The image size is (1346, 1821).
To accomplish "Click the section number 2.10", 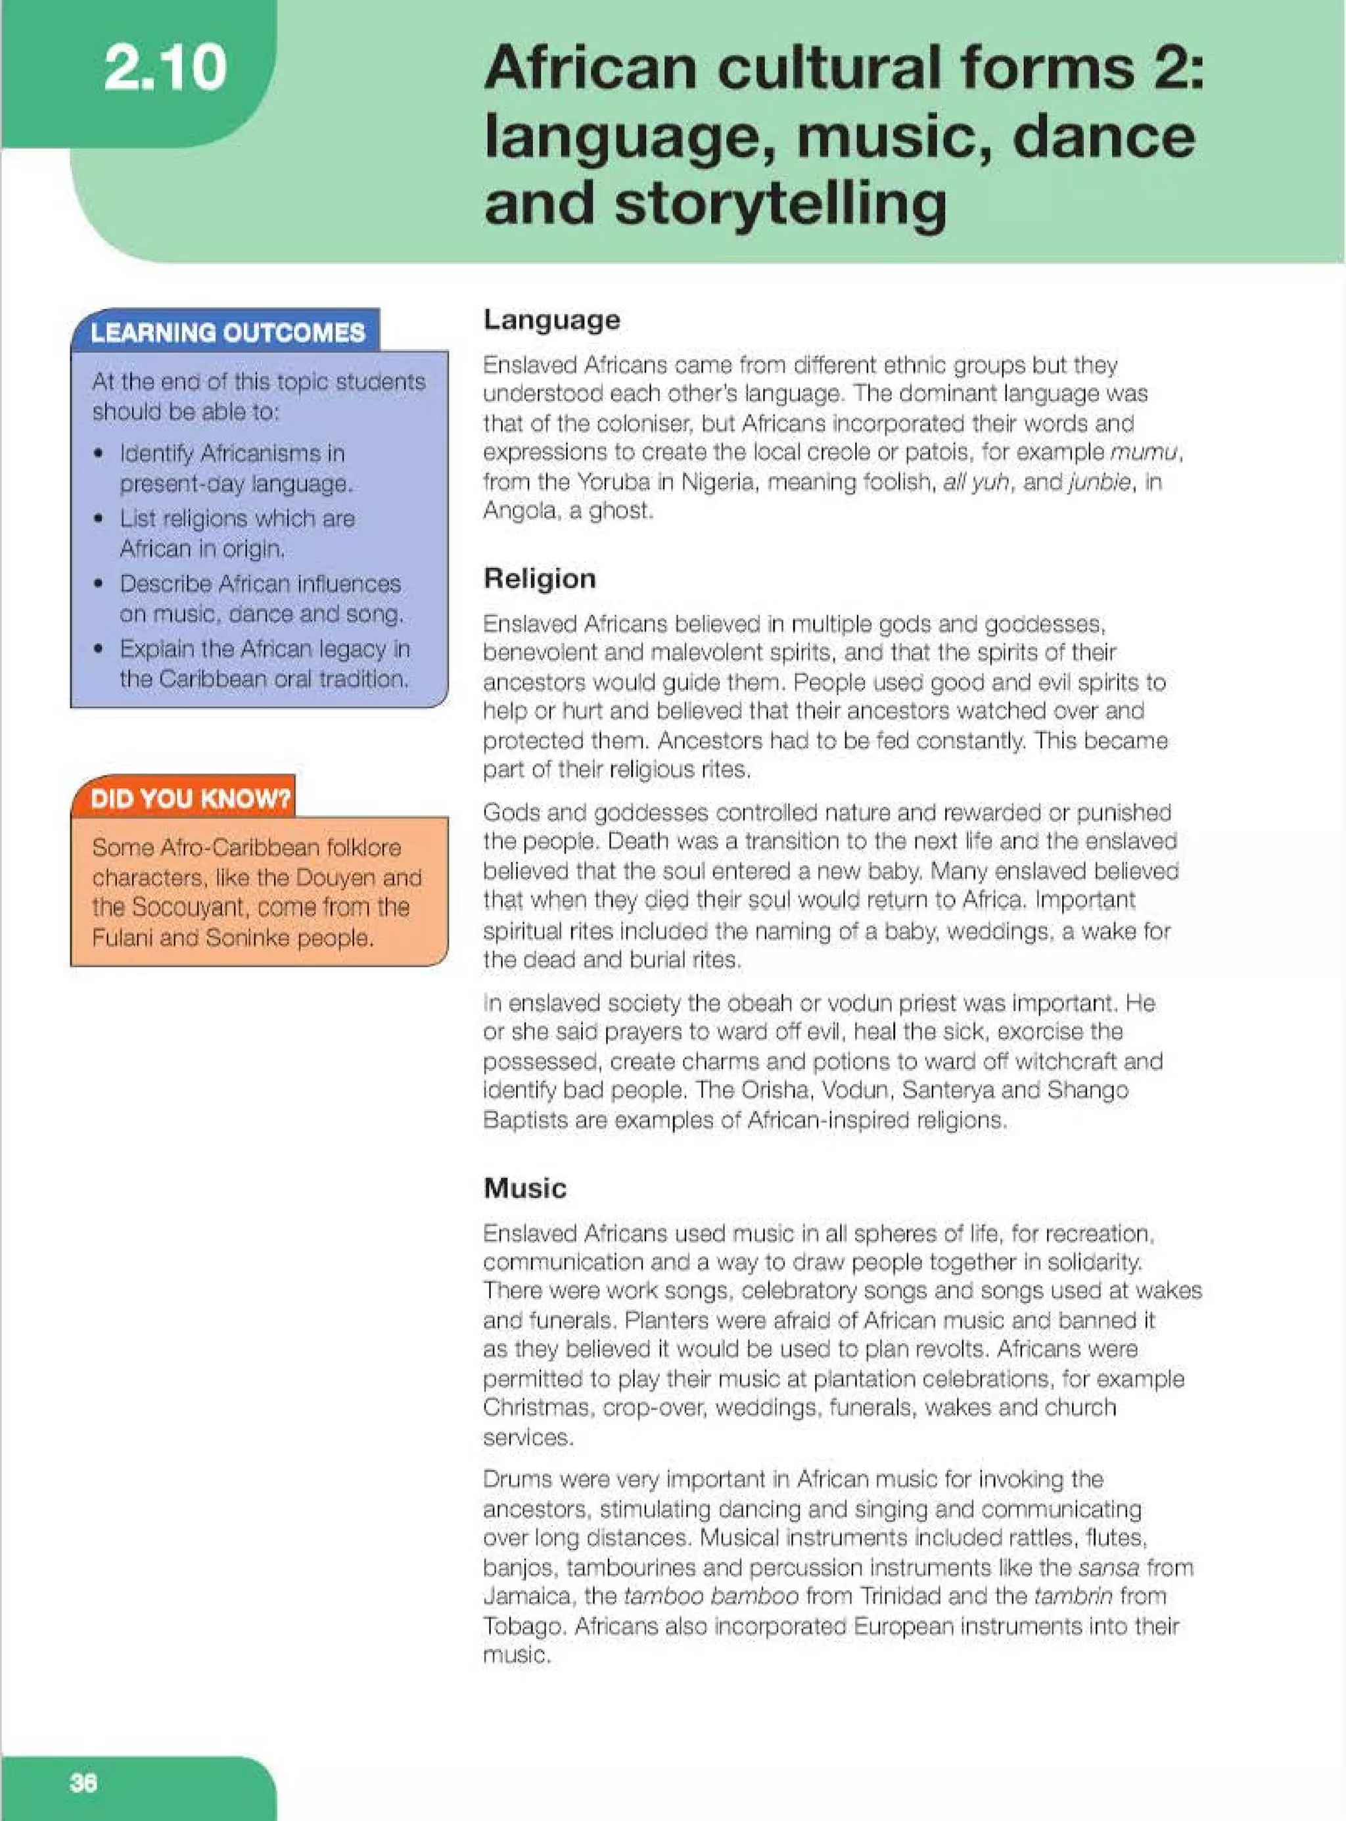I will point(166,68).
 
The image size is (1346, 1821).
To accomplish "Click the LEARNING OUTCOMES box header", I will point(227,333).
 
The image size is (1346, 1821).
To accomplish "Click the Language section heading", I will point(551,319).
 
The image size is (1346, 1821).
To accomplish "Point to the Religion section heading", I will point(540,579).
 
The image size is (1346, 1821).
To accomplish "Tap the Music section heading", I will point(524,1188).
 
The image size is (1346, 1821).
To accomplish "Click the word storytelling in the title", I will point(781,203).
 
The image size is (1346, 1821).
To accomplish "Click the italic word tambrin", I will point(1075,1596).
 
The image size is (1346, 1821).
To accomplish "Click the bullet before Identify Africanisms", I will point(99,453).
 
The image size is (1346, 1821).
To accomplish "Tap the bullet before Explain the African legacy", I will point(99,650).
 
